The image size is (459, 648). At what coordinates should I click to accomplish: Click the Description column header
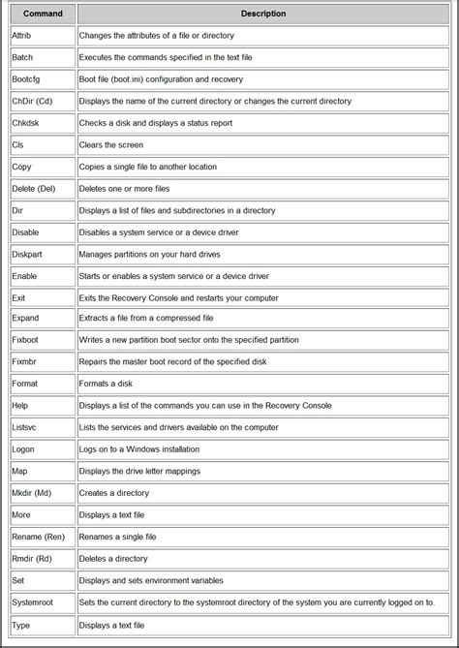(x=263, y=15)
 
